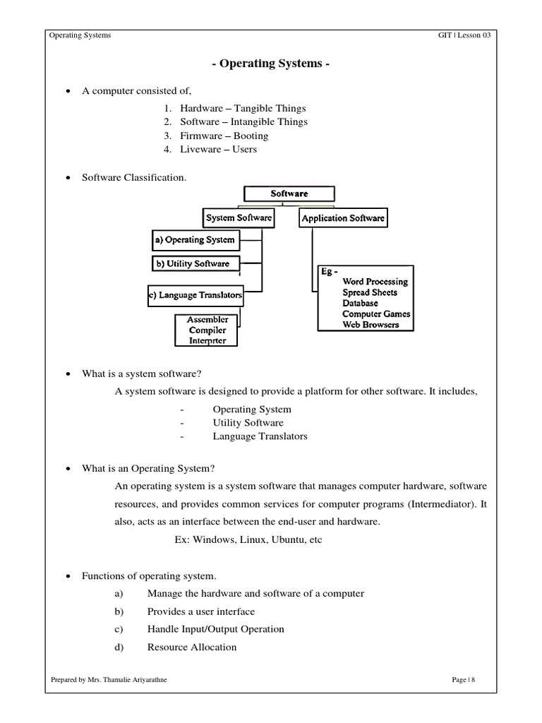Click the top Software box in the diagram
click(x=289, y=193)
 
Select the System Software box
click(x=239, y=218)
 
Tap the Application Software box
click(x=343, y=218)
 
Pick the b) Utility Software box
click(x=192, y=264)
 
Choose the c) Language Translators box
click(x=195, y=295)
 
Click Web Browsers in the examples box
click(x=371, y=325)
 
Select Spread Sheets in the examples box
click(x=370, y=292)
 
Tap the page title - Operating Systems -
click(x=270, y=64)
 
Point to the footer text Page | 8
click(x=464, y=680)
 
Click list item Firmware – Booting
click(x=224, y=136)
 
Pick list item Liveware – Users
click(x=218, y=149)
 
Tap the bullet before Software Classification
click(x=68, y=178)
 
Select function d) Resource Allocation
click(x=192, y=647)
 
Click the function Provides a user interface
click(x=201, y=611)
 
